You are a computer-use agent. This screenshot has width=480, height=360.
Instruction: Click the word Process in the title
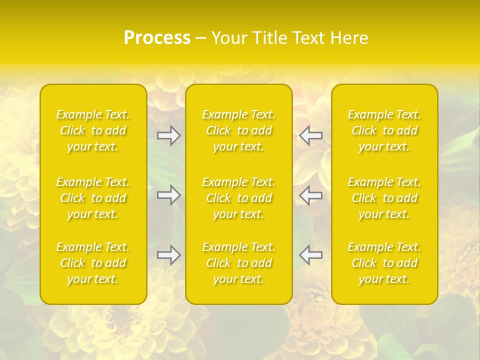(157, 38)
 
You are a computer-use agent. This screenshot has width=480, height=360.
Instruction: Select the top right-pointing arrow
(169, 135)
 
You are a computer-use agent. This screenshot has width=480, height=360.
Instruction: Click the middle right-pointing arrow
(169, 195)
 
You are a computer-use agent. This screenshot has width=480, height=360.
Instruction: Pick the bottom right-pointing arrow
(169, 255)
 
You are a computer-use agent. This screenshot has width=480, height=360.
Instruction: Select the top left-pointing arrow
(310, 135)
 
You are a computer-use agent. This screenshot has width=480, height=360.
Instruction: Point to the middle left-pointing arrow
(310, 195)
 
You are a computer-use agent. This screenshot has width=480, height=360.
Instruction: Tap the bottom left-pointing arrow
(310, 255)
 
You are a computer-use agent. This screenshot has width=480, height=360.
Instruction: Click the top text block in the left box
(93, 130)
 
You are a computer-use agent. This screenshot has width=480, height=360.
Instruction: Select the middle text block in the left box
(93, 198)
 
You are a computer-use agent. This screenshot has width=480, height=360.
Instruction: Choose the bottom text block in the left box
(93, 263)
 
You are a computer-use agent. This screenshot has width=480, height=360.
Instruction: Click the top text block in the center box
(239, 130)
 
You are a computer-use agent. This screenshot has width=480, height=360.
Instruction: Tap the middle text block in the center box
(239, 198)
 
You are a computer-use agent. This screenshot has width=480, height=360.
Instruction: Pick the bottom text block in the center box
(239, 263)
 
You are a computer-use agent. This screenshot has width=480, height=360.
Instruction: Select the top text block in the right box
(384, 130)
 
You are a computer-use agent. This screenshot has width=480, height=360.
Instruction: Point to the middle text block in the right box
(384, 198)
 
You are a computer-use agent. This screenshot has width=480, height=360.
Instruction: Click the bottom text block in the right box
(384, 263)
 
